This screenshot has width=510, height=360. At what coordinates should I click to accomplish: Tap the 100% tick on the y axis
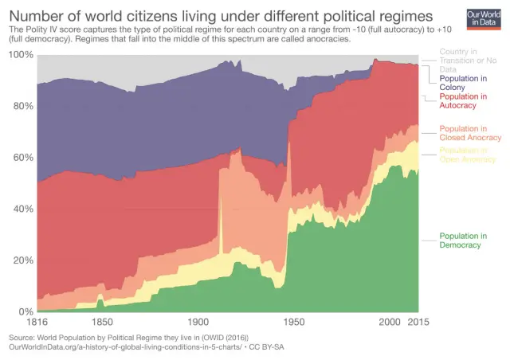21,54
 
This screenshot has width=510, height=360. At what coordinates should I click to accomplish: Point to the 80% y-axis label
23,106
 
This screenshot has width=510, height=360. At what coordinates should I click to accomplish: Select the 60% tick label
23,157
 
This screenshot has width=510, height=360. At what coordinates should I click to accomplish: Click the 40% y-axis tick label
23,209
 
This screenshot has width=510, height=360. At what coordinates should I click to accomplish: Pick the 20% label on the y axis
23,260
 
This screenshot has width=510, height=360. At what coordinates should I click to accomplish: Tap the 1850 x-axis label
101,323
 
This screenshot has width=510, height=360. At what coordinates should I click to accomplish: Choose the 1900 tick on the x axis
198,323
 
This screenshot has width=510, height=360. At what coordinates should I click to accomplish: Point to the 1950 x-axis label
293,323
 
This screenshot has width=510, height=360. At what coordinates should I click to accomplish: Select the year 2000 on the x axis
389,323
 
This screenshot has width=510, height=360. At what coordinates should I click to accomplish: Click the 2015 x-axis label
418,323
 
